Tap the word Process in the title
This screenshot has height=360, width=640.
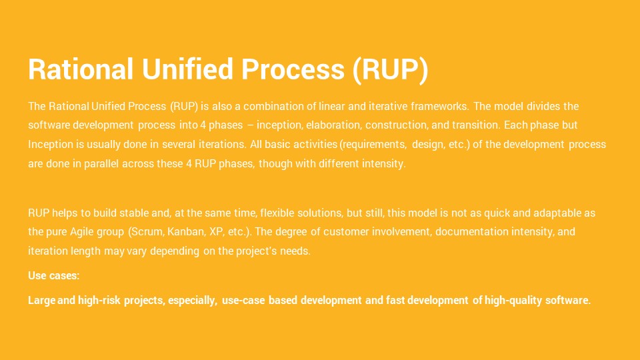point(293,69)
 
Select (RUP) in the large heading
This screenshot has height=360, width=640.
point(391,69)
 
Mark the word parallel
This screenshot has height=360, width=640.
point(101,164)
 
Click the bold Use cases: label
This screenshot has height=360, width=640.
point(54,275)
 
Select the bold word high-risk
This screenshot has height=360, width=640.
point(99,301)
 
